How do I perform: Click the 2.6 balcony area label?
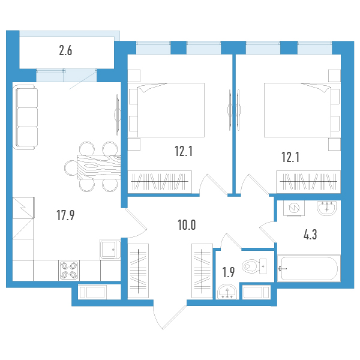pos(65,51)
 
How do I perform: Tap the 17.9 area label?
pos(65,215)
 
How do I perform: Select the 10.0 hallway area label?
pos(187,225)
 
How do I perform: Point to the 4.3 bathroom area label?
pos(310,235)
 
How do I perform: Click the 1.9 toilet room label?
pos(229,272)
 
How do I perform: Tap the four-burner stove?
pos(69,270)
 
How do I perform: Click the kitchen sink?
pos(110,250)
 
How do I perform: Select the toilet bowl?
pos(254,266)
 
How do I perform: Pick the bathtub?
pos(309,268)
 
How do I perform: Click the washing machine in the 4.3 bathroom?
pos(294,208)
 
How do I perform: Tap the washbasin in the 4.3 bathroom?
pos(327,208)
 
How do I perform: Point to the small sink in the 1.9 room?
pos(227,292)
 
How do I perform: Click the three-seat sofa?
pos(26,118)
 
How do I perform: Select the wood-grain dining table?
pos(99,167)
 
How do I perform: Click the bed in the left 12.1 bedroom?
pos(166,110)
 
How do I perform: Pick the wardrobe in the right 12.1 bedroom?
pos(308,182)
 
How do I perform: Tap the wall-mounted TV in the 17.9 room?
pos(118,115)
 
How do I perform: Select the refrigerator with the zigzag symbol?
pos(23,208)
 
